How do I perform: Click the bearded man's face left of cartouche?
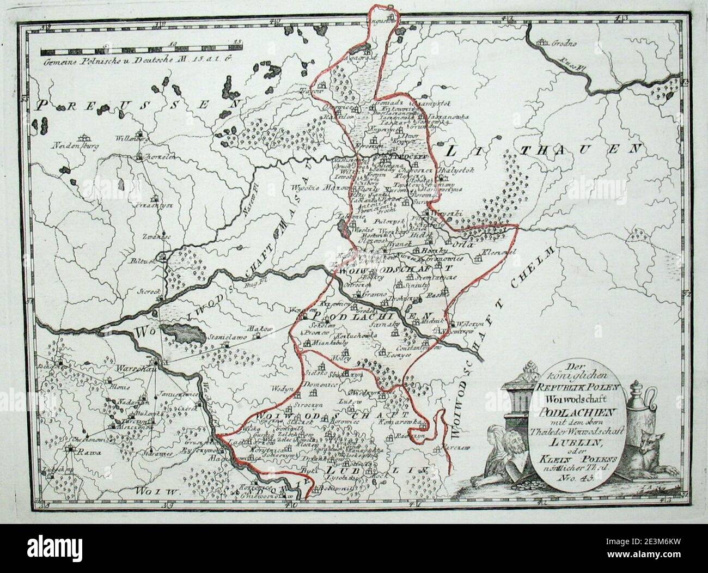coord(512,443)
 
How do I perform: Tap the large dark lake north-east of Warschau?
coord(185,333)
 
